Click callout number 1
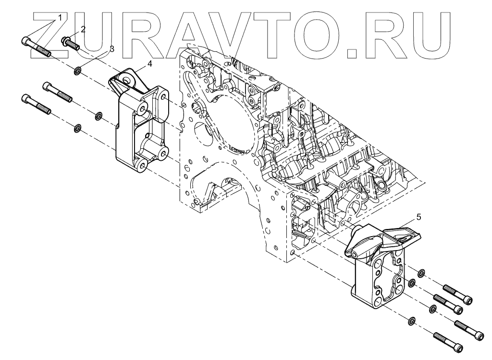(61, 17)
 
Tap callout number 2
(83, 29)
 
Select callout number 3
(111, 48)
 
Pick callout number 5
(418, 217)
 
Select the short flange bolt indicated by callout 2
(71, 44)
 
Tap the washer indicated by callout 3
(77, 72)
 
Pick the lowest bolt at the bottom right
(448, 341)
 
